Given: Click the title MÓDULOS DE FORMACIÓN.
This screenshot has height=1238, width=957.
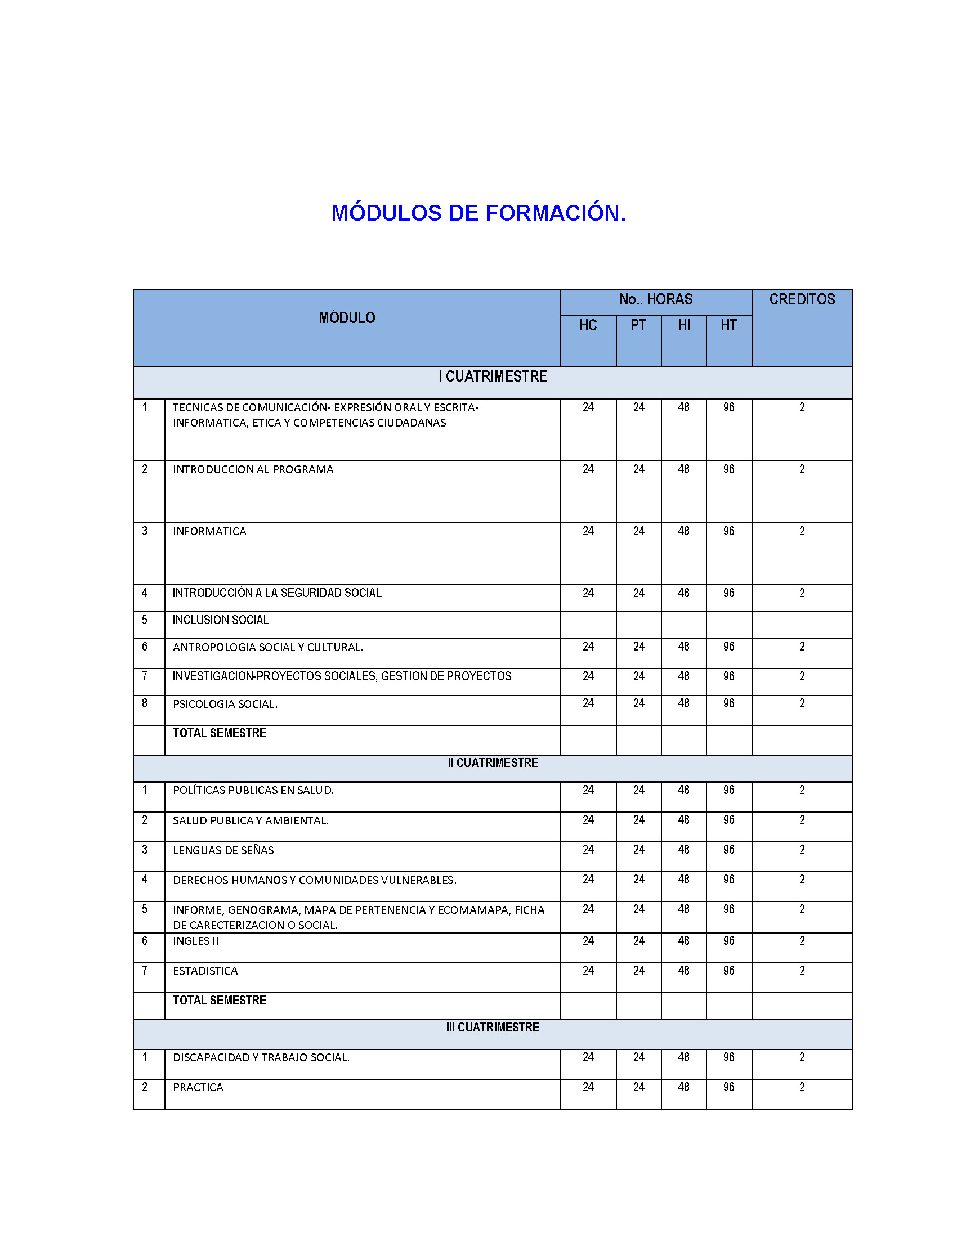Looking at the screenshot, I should (478, 213).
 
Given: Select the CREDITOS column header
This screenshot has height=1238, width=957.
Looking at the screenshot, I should (801, 299).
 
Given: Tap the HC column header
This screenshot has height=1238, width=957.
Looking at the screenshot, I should (588, 325).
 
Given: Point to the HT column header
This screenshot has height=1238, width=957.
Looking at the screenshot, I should (728, 325).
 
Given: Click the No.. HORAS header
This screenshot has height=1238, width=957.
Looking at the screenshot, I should (655, 299).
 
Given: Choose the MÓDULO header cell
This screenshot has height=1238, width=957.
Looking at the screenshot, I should (346, 318).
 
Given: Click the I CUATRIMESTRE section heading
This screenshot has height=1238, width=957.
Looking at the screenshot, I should (492, 376).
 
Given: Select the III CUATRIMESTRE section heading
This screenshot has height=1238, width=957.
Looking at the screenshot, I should (492, 1027).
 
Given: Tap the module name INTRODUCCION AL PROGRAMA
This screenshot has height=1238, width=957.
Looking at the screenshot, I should (253, 469).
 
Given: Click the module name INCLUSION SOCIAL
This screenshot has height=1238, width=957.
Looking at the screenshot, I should (221, 620).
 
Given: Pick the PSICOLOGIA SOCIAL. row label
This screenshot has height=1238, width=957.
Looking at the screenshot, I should (225, 704).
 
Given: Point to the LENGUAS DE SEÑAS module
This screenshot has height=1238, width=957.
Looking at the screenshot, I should (223, 850).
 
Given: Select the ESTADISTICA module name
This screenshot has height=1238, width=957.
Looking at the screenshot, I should (205, 971).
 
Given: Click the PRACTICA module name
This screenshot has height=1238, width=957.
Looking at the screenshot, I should (198, 1087).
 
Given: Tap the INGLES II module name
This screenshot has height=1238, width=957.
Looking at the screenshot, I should (195, 941).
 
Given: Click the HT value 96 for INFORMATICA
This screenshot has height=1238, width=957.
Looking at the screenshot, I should (728, 531).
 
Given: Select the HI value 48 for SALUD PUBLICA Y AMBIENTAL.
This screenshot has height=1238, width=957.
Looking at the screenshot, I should (684, 820).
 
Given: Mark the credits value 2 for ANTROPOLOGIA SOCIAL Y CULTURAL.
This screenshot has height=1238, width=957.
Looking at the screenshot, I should (802, 646).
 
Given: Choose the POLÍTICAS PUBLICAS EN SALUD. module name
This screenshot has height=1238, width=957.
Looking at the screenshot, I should (253, 790).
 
